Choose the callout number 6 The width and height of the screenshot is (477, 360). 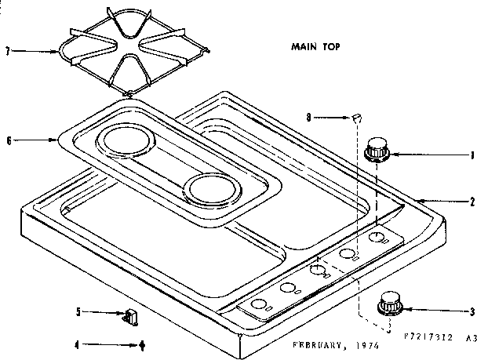click(x=9, y=141)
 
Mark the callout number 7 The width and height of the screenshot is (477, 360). click(x=9, y=52)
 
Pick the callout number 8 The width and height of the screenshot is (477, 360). click(x=309, y=117)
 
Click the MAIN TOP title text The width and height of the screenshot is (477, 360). click(x=309, y=46)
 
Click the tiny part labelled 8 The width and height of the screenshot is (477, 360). click(x=357, y=118)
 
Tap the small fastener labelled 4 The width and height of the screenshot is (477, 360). click(x=142, y=344)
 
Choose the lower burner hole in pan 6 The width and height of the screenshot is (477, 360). click(x=210, y=189)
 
